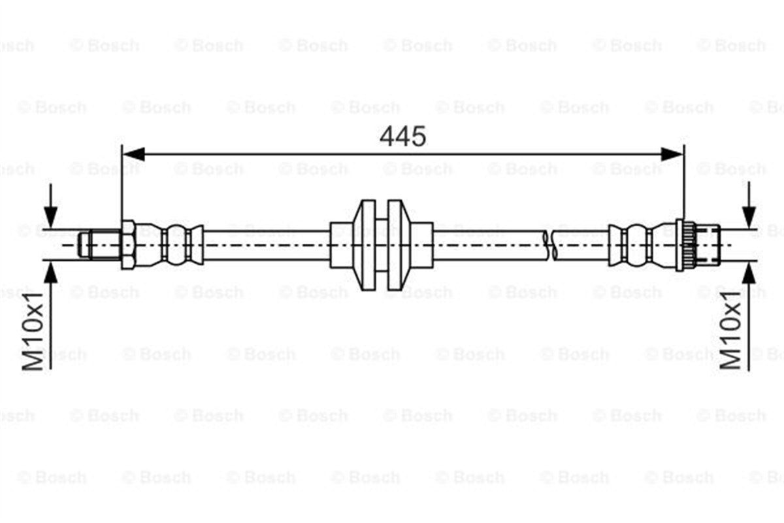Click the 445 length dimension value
pos(403,137)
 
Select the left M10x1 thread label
pos(33,331)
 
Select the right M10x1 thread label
pos(730,331)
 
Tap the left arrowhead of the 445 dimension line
pos(134,154)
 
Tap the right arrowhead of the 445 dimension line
pos(672,154)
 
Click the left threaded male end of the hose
pos(99,245)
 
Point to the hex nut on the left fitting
pos(128,245)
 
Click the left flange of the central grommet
pos(365,245)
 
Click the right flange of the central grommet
pos(399,245)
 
